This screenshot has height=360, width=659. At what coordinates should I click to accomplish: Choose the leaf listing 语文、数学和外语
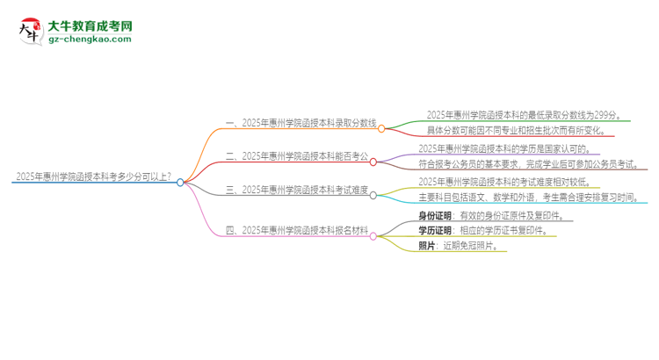click(x=533, y=198)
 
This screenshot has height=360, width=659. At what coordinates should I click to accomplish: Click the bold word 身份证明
click(x=436, y=215)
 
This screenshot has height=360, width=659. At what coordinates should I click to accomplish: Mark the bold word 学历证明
click(x=436, y=231)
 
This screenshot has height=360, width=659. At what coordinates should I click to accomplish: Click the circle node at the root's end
click(x=181, y=183)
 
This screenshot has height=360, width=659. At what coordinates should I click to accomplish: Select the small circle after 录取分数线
click(x=383, y=126)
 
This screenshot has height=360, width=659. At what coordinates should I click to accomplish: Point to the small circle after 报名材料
click(x=374, y=235)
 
